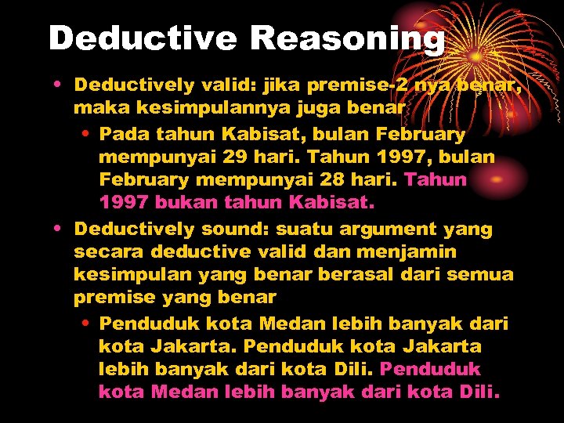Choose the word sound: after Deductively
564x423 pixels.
[233, 230]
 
